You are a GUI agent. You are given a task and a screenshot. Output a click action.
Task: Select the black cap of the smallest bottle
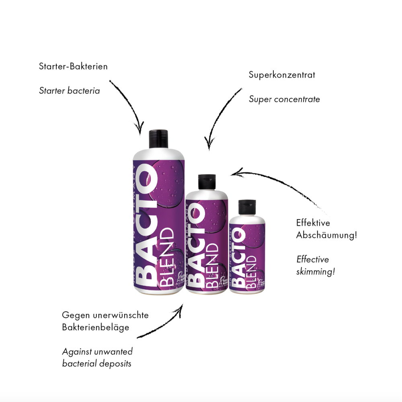(x=247, y=206)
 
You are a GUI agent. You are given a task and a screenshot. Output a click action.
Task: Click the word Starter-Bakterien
(x=73, y=66)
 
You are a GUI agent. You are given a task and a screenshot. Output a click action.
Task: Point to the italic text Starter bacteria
(x=69, y=90)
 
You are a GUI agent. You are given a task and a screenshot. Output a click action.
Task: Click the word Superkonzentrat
(x=282, y=75)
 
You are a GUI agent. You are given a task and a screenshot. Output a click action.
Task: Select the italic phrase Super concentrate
(x=284, y=99)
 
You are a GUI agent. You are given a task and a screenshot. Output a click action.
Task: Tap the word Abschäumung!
(x=326, y=235)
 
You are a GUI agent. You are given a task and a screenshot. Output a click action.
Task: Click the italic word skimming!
(x=316, y=271)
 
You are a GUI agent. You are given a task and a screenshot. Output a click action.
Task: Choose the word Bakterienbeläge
(x=96, y=327)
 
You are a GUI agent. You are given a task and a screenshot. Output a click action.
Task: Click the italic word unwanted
(x=113, y=351)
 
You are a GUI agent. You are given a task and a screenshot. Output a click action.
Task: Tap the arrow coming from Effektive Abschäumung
(x=281, y=185)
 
